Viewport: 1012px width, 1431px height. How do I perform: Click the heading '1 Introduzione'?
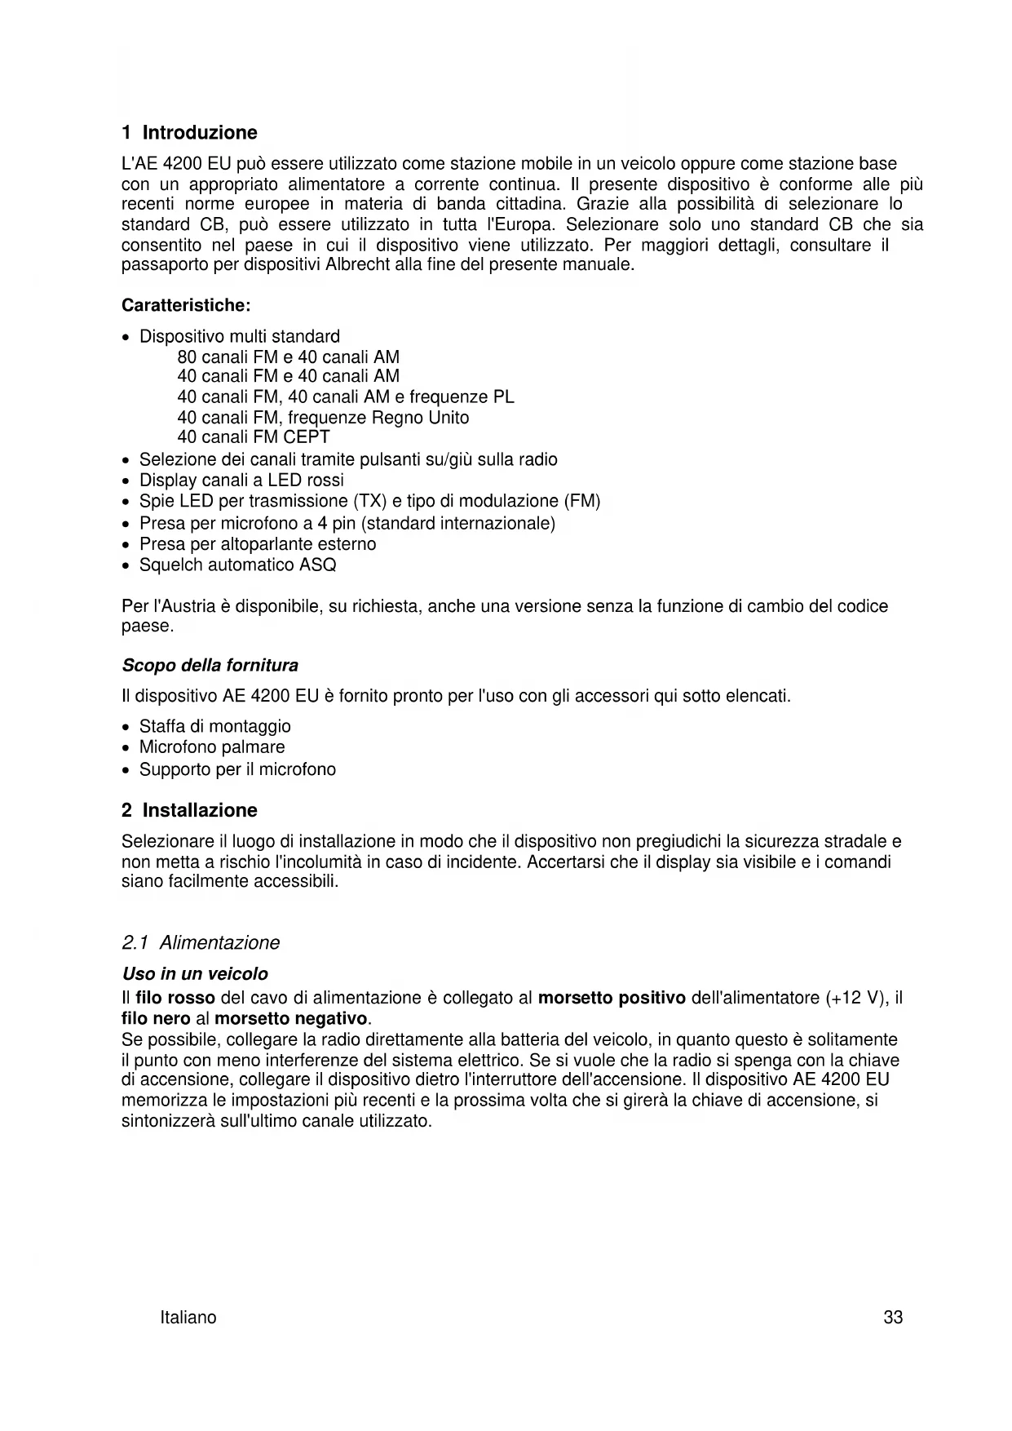coord(189,133)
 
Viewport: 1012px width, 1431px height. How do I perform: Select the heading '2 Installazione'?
coord(189,810)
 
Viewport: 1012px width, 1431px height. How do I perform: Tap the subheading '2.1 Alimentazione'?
coord(200,943)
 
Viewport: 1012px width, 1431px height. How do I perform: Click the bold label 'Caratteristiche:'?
coord(186,306)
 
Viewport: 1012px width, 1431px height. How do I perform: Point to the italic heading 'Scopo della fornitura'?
coord(210,666)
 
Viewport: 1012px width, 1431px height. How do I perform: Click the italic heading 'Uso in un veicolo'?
coord(195,974)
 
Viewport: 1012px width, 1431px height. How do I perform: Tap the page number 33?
coord(893,1318)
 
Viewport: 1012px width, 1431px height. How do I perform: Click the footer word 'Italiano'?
coord(188,1318)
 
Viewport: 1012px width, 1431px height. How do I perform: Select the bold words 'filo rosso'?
coord(175,998)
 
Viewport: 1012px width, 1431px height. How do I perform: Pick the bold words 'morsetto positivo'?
coord(612,998)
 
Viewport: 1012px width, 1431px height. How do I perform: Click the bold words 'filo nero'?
coord(156,1019)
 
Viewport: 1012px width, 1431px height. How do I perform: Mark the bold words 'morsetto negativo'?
coord(291,1019)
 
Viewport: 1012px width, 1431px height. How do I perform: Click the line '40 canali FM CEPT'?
coord(254,437)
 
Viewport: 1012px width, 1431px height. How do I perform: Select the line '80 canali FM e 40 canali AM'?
coord(288,357)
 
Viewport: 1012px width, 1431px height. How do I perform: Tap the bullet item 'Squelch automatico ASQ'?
coord(237,565)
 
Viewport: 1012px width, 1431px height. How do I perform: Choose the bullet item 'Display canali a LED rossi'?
coord(241,481)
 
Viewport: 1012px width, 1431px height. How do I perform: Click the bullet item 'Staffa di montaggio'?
coord(214,727)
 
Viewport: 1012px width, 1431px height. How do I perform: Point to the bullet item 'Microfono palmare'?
coord(212,747)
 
